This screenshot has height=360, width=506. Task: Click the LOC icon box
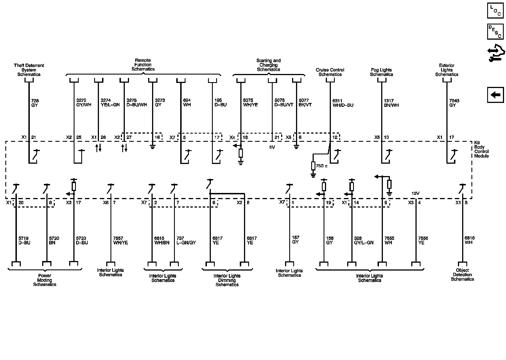[x=495, y=11]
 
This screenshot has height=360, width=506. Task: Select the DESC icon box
[x=495, y=31]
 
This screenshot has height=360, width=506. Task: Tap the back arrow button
[x=495, y=95]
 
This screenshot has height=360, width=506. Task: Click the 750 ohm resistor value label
[x=322, y=166]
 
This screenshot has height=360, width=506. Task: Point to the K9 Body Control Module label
[x=481, y=151]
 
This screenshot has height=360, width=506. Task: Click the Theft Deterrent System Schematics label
[x=29, y=70]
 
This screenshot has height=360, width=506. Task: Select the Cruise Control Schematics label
[x=330, y=72]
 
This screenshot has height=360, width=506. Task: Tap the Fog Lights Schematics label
[x=381, y=72]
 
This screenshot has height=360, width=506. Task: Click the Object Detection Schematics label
[x=462, y=275]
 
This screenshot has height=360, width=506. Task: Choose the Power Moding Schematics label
[x=45, y=280]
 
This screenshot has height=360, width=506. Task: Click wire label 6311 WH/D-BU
[x=343, y=103]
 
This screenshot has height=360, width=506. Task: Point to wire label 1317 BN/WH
[x=391, y=103]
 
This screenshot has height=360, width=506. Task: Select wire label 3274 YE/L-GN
[x=110, y=103]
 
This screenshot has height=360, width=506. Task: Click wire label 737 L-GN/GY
[x=186, y=240]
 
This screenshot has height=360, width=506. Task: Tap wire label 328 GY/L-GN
[x=363, y=240]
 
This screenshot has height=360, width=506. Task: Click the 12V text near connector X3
[x=415, y=193]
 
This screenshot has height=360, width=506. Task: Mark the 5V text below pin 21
[x=272, y=147]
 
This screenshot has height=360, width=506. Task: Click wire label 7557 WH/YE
[x=120, y=240]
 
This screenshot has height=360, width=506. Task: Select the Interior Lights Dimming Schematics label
[x=227, y=280]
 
